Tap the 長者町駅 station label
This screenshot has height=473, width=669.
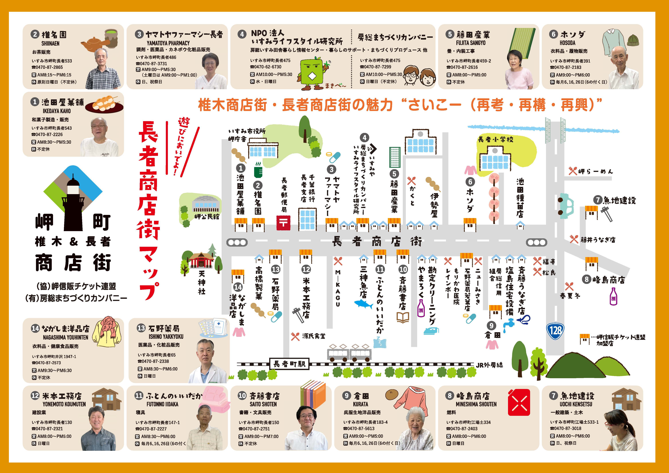tap(289, 364)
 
